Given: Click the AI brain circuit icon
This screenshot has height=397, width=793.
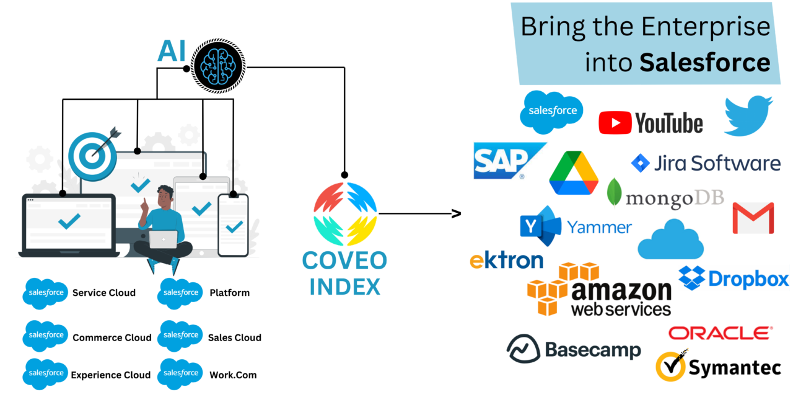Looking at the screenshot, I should coord(218,65).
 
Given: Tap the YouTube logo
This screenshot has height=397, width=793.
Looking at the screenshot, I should coord(651,123).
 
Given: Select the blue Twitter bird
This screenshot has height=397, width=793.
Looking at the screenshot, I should coord(748,116).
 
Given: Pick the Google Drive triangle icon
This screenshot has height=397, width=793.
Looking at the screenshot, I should coord(574,173).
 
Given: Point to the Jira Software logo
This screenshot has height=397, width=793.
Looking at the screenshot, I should coord(706,163).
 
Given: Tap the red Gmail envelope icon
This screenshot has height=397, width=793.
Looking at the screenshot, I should coord(753,218).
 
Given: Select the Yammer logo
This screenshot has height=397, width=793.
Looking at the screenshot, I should coord(576,226).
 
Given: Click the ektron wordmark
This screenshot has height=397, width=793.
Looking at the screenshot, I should coord(506,260).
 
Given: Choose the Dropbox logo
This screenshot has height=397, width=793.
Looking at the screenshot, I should coord(734,279).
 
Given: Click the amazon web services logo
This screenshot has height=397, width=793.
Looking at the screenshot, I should coord(599,290).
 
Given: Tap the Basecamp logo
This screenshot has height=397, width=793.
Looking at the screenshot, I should coord(574,349).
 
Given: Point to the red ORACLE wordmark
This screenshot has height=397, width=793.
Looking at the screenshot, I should coord(721,333).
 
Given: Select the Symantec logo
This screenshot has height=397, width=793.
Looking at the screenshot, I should coord(718,366).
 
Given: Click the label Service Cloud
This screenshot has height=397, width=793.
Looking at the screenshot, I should coord(103,293).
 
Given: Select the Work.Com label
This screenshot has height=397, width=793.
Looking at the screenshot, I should coord(233,375).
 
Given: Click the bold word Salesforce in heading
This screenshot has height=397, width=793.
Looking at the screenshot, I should coord(704,62).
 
